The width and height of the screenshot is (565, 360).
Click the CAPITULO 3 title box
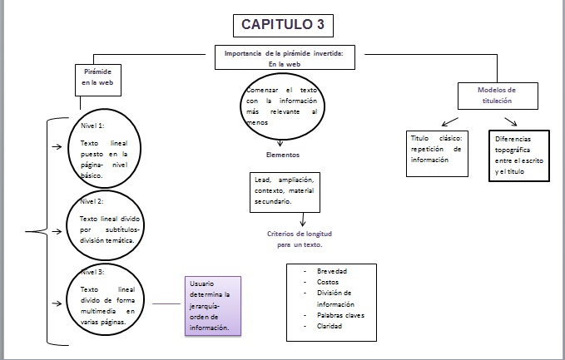point(282,24)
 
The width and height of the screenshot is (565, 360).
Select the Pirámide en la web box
point(98,77)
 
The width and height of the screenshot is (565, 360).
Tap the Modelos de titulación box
point(496,95)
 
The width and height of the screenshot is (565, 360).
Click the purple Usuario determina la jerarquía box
point(211,306)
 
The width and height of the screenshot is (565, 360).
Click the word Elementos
point(283,155)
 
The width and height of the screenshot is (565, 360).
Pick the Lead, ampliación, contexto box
point(284,190)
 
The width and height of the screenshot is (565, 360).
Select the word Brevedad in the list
point(331,272)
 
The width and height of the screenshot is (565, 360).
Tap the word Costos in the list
point(327,283)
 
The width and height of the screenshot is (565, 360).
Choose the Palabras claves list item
point(340,315)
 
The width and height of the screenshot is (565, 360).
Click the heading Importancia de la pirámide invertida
point(289,57)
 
